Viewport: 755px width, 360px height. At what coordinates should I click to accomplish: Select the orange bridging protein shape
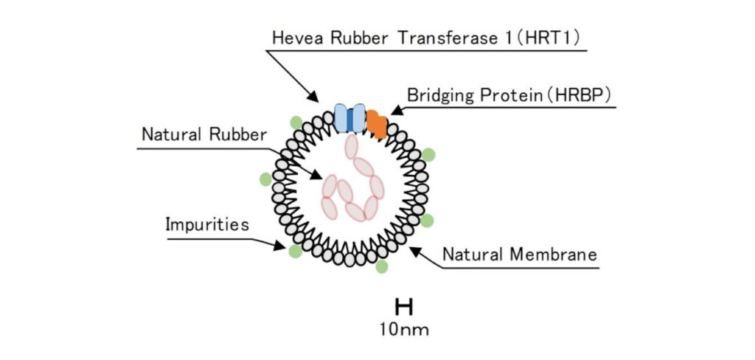pyautogui.click(x=377, y=124)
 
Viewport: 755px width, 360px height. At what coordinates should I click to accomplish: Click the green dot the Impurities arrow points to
pyautogui.click(x=295, y=252)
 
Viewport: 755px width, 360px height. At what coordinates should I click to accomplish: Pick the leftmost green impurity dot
pyautogui.click(x=265, y=179)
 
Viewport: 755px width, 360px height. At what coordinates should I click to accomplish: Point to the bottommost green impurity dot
pyautogui.click(x=381, y=266)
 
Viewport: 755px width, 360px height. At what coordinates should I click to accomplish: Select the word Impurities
pyautogui.click(x=207, y=225)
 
